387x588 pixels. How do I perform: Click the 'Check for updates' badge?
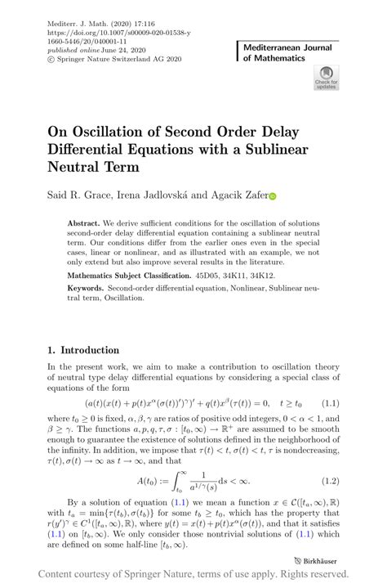[325, 79]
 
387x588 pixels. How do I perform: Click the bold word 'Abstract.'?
[84, 223]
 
